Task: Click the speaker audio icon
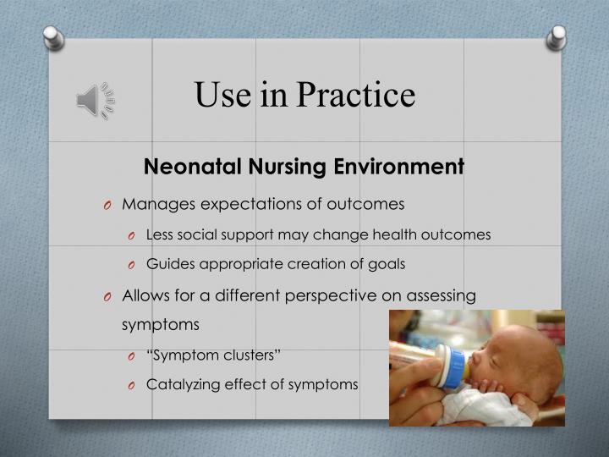click(x=96, y=100)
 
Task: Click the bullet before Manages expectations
click(x=109, y=206)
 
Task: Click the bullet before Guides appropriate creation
click(x=134, y=265)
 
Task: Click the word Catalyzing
click(x=182, y=384)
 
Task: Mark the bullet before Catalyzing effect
click(x=134, y=385)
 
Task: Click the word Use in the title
click(x=223, y=95)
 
